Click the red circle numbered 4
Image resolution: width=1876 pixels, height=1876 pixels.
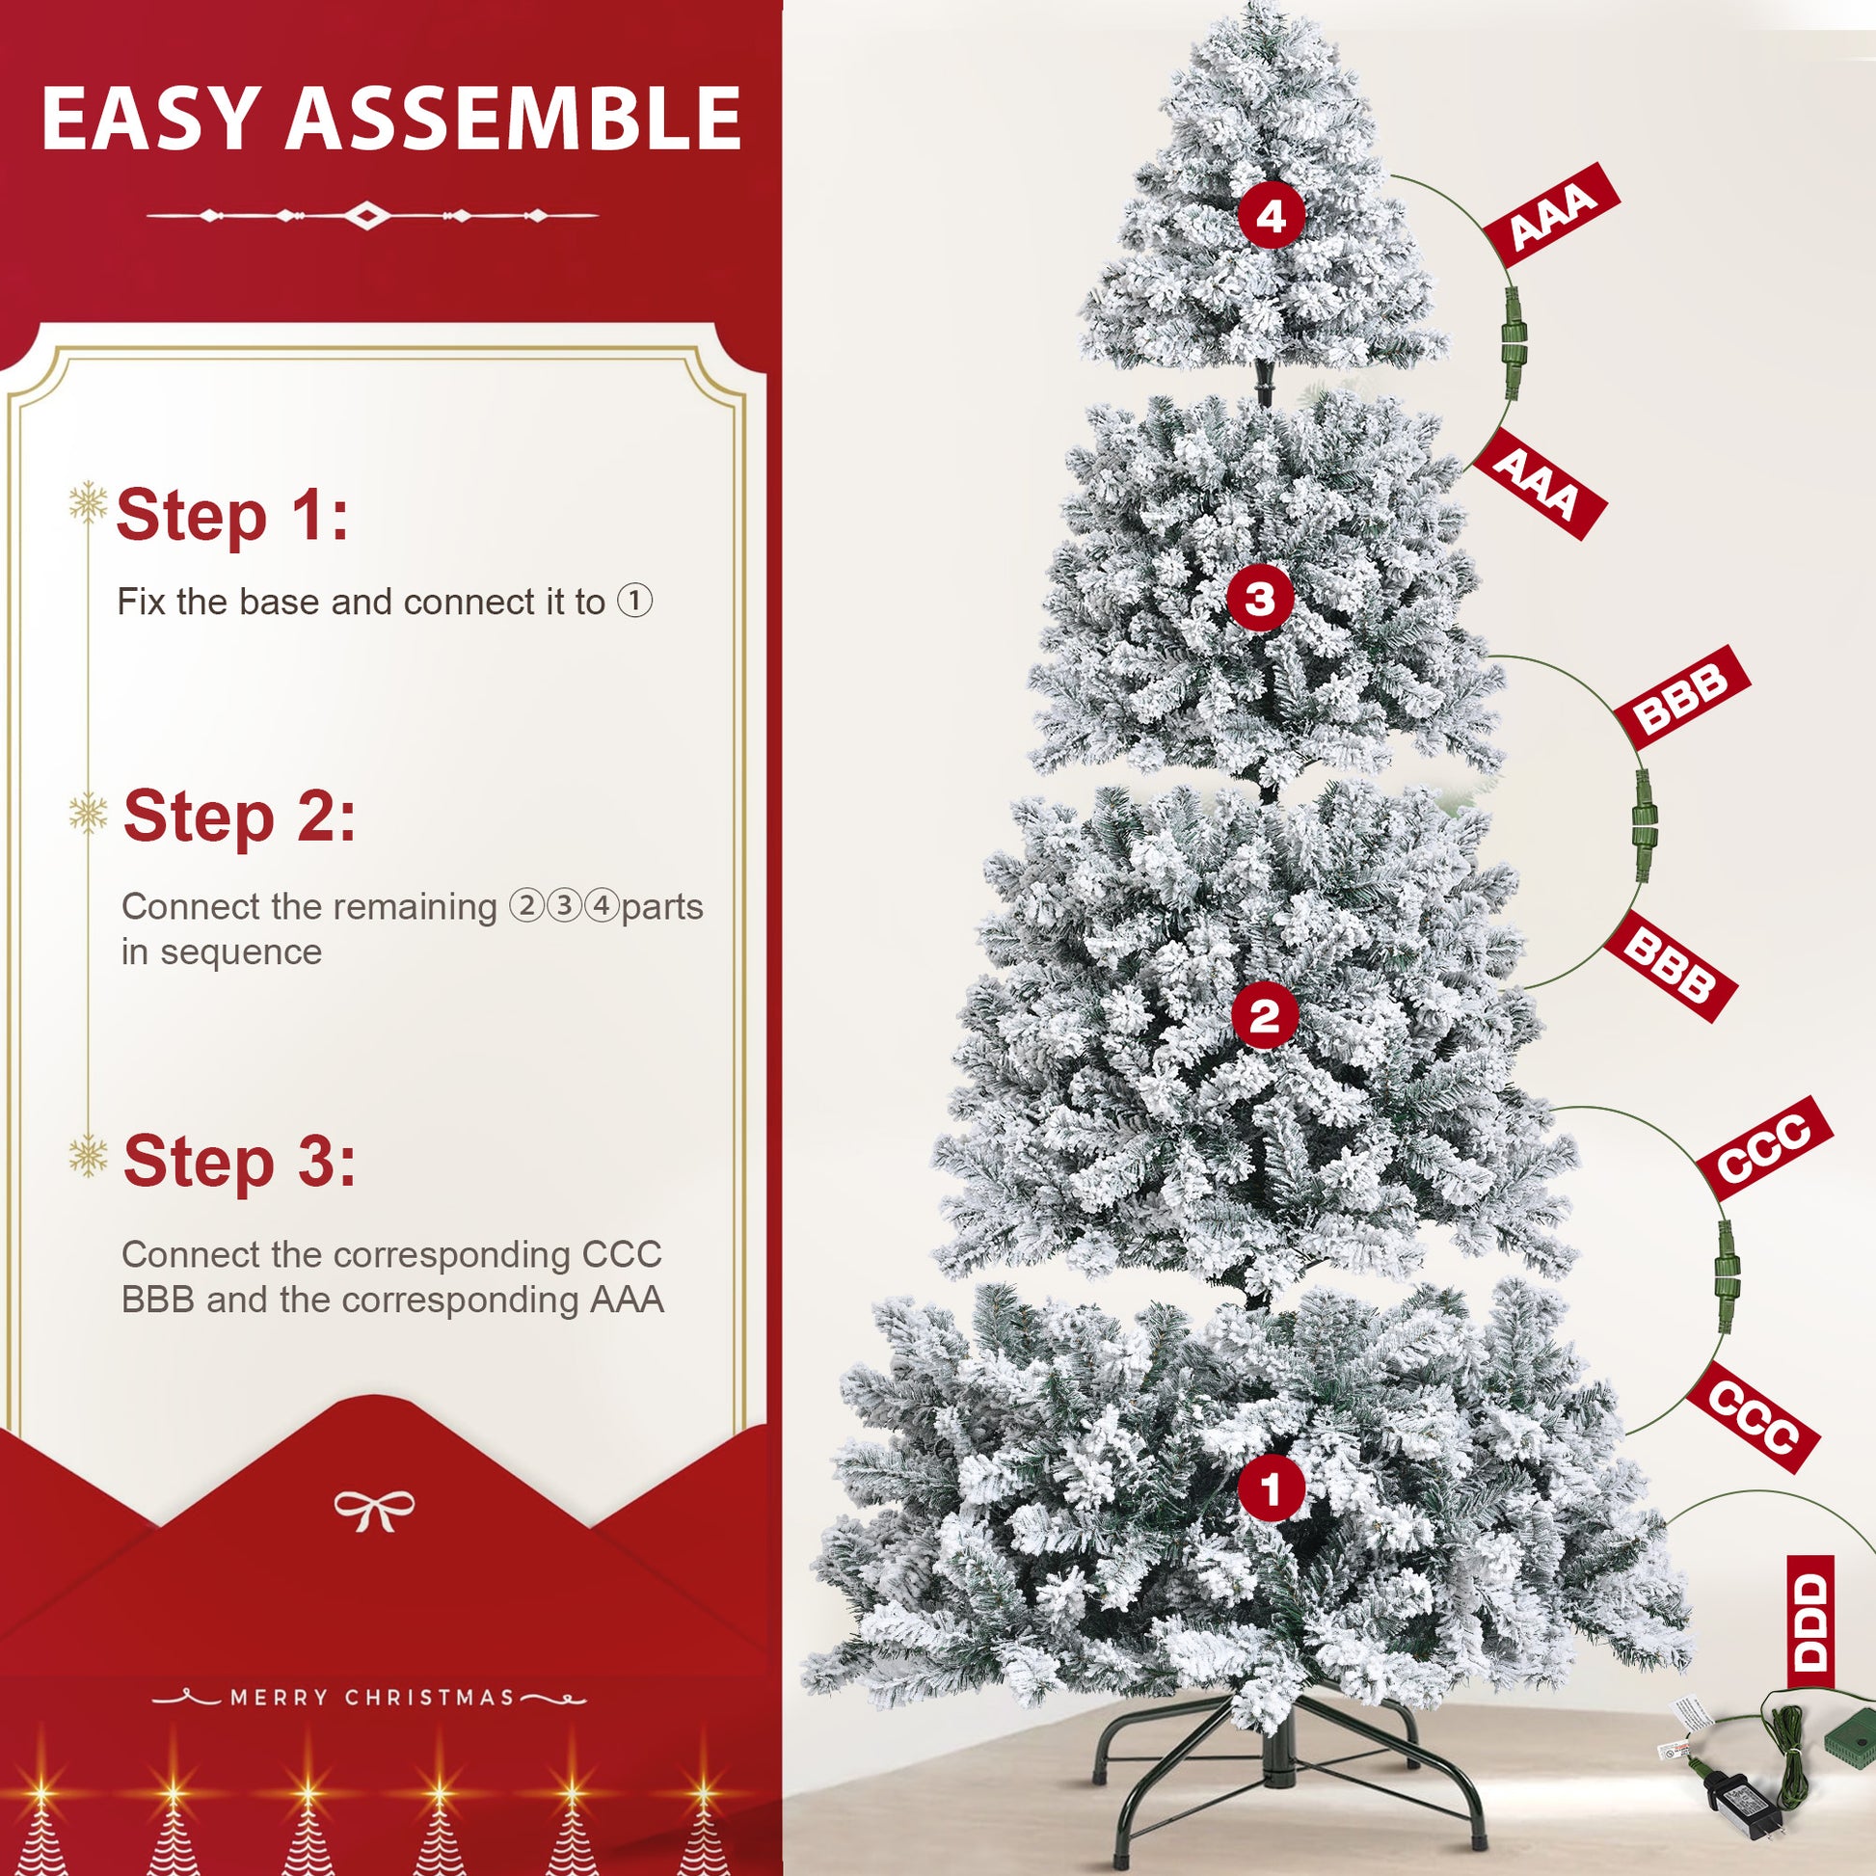coord(1271,215)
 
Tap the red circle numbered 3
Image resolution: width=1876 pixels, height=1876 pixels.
coord(1260,598)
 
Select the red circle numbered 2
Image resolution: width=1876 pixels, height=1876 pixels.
coord(1265,1017)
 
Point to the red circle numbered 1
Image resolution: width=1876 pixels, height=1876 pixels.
coord(1271,1488)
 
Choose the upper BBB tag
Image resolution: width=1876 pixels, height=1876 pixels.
coord(1682,697)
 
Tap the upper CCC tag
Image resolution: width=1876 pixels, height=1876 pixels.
coord(1763,1149)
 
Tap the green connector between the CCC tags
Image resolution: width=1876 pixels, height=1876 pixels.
coord(1726,1275)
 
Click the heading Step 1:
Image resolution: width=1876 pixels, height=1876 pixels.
coord(232,515)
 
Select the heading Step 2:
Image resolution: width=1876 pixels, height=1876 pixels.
coord(239,816)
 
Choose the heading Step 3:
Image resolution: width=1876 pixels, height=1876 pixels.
coord(239,1161)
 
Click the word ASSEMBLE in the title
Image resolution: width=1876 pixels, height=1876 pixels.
coord(514,119)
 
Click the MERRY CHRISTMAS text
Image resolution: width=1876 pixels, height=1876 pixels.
coord(372,1697)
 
